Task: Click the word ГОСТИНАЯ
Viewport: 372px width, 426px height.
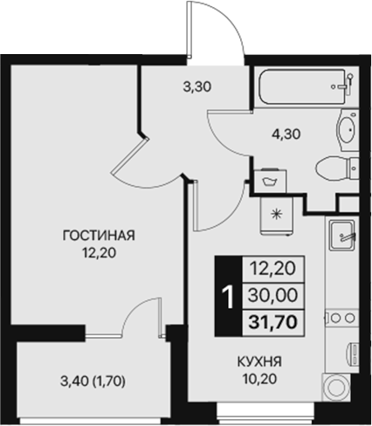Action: coord(97,235)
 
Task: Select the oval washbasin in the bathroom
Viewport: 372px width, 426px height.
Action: coord(346,132)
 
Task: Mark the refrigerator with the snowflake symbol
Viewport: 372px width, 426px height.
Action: coord(279,214)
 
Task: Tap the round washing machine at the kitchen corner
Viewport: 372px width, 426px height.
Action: coord(335,387)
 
